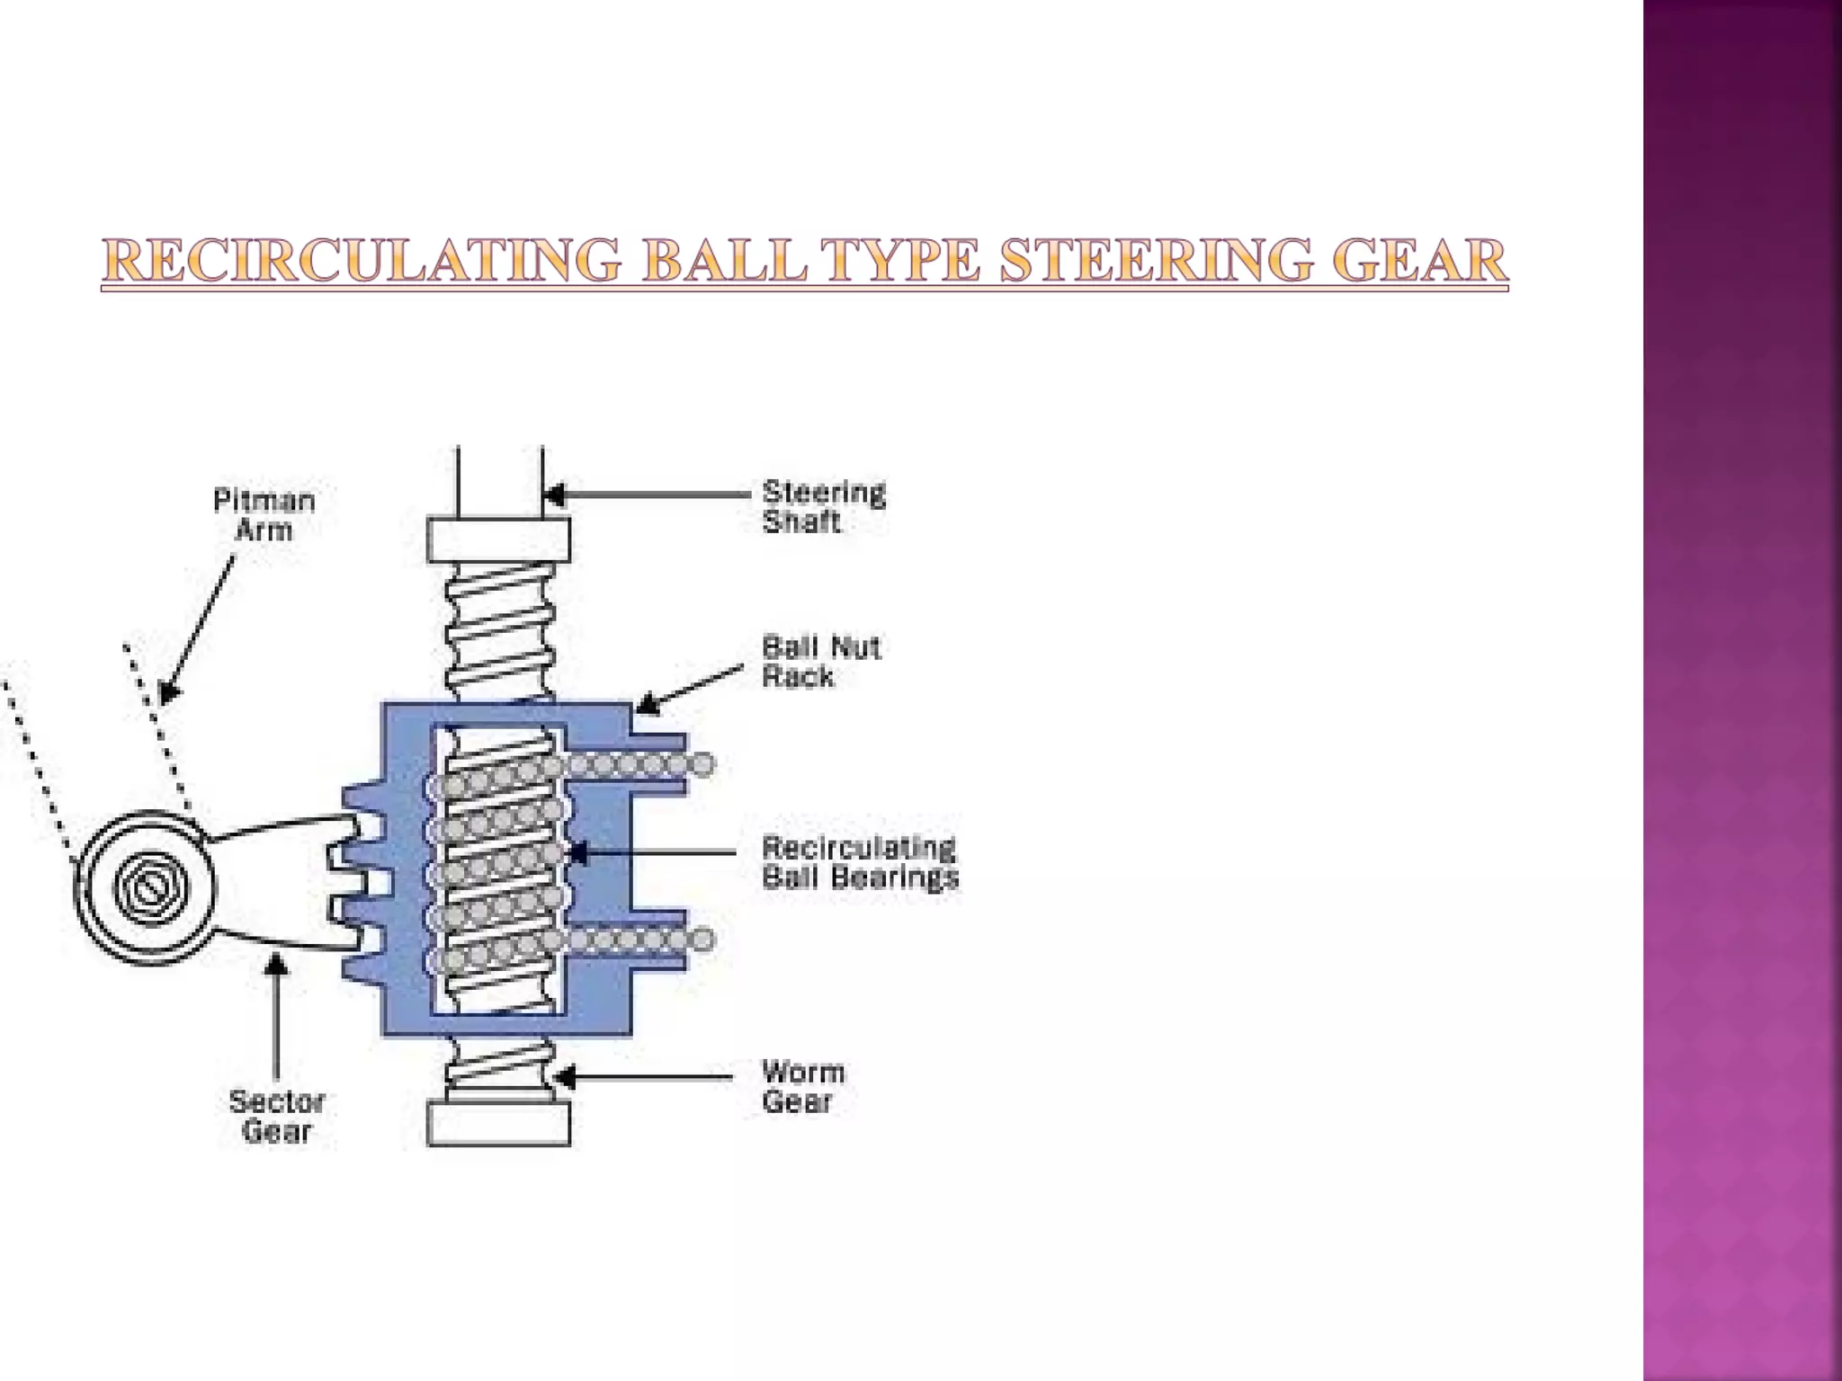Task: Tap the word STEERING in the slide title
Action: tap(1156, 261)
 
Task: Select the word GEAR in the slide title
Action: tap(1417, 261)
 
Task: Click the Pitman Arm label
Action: tap(264, 514)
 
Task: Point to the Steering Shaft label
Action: tap(823, 506)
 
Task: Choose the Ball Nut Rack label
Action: tap(820, 662)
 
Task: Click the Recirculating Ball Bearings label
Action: tap(860, 862)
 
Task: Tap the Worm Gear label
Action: tap(802, 1086)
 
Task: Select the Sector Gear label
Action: tap(276, 1116)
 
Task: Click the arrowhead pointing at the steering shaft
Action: tap(554, 494)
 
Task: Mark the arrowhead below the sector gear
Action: tap(276, 965)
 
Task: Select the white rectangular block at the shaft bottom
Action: tap(498, 1124)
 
